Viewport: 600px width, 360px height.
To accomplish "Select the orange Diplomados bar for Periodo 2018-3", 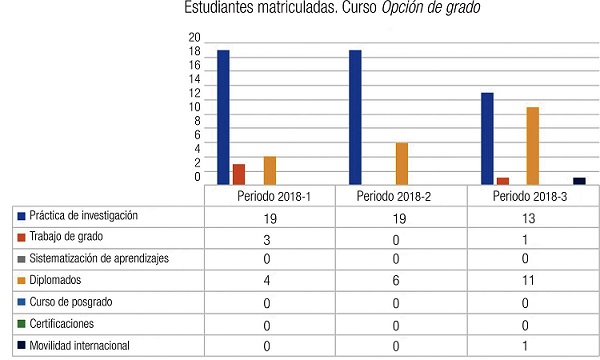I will click(533, 146).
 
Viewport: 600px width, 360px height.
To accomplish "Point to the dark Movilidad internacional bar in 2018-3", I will click(579, 181).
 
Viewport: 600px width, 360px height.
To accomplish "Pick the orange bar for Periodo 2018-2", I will click(402, 164).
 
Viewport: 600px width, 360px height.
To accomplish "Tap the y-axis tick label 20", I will click(194, 37).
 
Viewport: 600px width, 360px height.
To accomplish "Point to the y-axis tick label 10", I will click(194, 106).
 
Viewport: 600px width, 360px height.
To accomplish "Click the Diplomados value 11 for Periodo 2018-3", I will click(533, 282).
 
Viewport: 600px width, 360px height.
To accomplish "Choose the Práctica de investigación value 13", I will click(533, 217).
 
